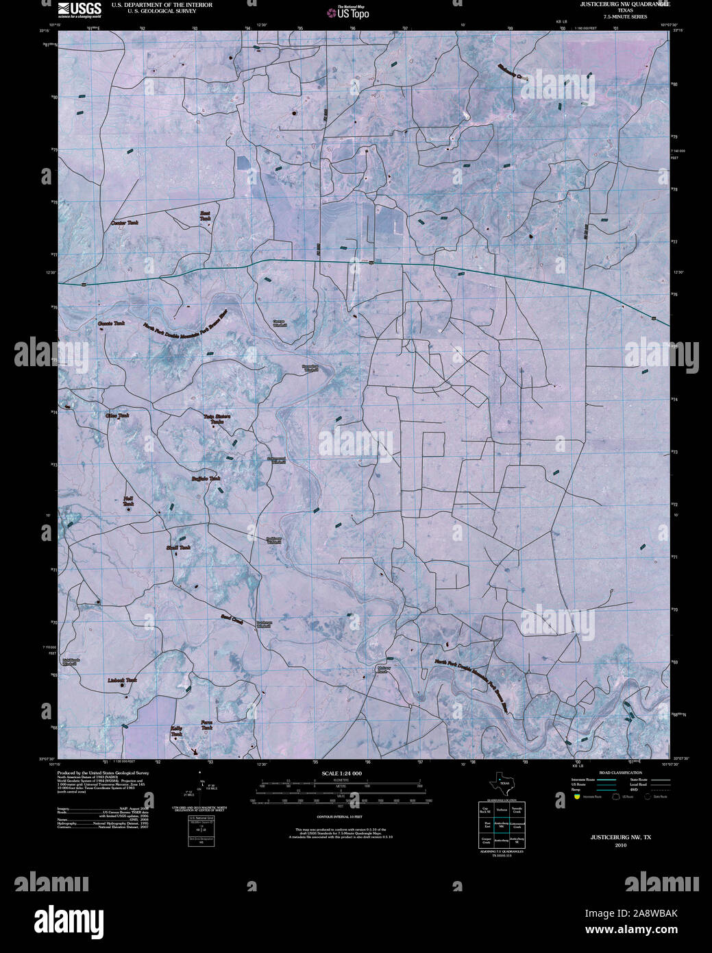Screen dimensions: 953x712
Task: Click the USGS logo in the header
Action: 79,9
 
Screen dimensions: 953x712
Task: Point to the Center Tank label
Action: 125,223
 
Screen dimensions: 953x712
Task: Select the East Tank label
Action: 205,215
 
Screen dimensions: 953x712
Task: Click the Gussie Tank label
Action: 111,323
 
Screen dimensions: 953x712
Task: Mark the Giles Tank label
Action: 117,415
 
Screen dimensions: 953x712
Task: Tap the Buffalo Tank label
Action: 206,479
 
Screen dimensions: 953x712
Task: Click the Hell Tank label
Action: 128,501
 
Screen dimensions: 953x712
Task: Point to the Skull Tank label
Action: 178,548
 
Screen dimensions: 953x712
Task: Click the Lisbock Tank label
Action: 123,680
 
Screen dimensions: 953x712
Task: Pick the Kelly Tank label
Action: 177,731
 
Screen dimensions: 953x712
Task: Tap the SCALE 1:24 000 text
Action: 341,773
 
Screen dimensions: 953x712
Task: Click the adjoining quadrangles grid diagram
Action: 502,825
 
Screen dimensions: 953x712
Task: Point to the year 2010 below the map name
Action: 621,845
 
